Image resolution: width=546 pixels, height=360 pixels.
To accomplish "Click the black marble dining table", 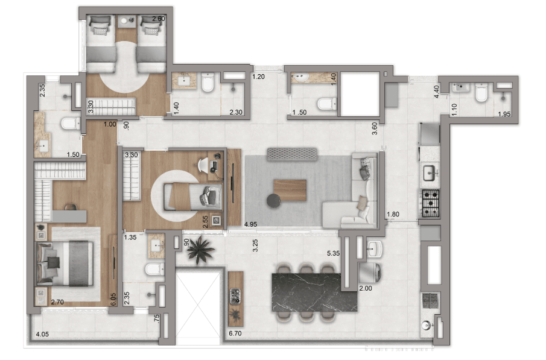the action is [x=314, y=292].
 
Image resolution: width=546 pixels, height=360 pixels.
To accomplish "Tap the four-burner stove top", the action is [x=430, y=203].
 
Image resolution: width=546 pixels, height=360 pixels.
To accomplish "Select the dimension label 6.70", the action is [x=235, y=333].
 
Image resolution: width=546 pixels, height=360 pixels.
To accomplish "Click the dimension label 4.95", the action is [x=251, y=224].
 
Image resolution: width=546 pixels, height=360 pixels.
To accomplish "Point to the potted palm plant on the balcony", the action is [x=200, y=250].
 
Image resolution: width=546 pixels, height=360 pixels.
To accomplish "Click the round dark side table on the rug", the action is [x=274, y=201].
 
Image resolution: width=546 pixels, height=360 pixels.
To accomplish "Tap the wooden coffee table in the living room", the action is [x=290, y=190].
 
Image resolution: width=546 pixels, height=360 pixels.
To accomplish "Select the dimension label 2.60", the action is [x=159, y=19].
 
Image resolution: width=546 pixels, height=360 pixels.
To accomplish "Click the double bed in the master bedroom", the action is [x=65, y=264].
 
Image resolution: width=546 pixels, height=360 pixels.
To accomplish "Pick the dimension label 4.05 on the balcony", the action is [x=42, y=334].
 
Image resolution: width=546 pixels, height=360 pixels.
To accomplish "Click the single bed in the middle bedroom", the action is [x=192, y=197].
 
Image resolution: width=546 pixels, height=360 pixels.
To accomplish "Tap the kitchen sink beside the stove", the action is [x=430, y=173].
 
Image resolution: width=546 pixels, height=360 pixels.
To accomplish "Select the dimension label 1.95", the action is [x=504, y=114].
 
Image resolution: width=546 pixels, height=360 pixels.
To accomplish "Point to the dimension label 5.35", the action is [x=333, y=253].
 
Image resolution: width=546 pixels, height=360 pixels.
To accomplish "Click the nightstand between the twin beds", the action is [x=126, y=21].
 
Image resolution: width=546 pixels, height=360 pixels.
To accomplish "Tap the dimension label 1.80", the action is [x=393, y=214].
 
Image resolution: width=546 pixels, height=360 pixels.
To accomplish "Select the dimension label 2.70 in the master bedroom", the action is [x=57, y=302].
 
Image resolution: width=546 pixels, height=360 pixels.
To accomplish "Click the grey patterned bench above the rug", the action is [x=292, y=154].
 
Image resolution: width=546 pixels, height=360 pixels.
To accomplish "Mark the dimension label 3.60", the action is [x=375, y=128].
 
